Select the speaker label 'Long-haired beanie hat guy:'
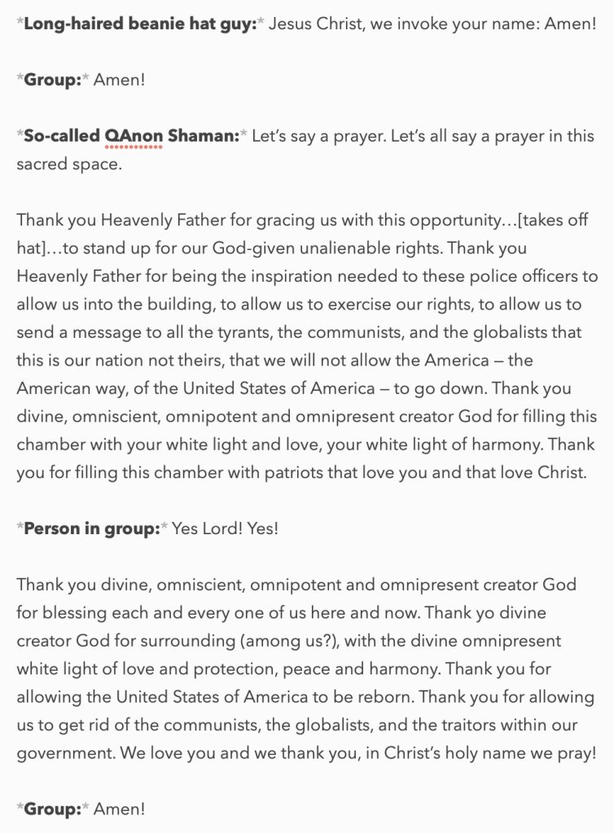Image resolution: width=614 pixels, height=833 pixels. pyautogui.click(x=138, y=24)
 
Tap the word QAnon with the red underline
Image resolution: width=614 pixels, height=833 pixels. pyautogui.click(x=134, y=136)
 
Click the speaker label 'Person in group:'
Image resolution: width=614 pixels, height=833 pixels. pyautogui.click(x=92, y=528)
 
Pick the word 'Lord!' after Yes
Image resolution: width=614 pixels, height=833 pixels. pyautogui.click(x=223, y=528)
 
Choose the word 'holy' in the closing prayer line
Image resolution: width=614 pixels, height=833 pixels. pyautogui.click(x=473, y=753)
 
